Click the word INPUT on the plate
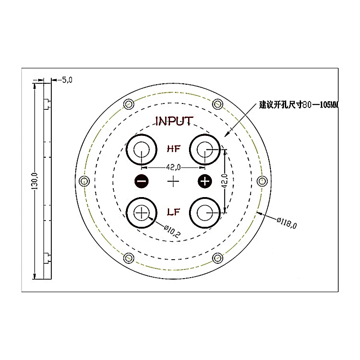[x=174, y=121]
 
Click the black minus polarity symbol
[x=141, y=181]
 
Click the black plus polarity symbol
[x=205, y=181]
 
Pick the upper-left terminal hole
[x=142, y=149]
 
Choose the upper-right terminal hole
[x=205, y=149]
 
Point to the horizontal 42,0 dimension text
[x=173, y=167]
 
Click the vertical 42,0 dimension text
[x=225, y=180]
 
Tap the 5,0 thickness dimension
[x=67, y=80]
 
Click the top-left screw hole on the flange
[x=129, y=104]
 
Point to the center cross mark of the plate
[x=173, y=181]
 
